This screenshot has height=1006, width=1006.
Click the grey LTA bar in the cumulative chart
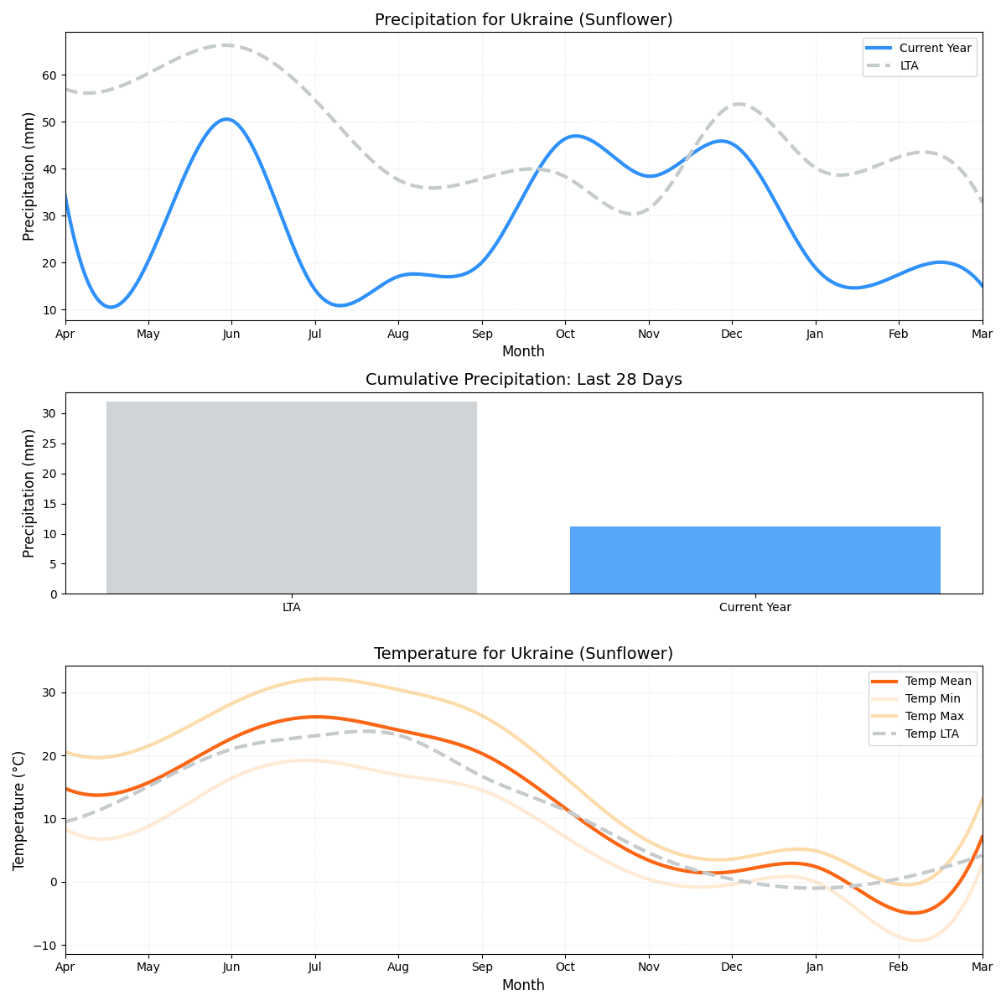pyautogui.click(x=291, y=498)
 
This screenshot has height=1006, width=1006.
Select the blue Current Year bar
pyautogui.click(x=754, y=560)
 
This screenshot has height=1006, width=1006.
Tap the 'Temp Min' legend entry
pyautogui.click(x=932, y=698)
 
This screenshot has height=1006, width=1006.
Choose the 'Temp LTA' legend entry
pyautogui.click(x=933, y=734)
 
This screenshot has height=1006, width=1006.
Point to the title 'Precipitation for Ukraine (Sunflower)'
pyautogui.click(x=523, y=19)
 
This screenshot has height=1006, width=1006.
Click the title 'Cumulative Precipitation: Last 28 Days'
pyautogui.click(x=523, y=380)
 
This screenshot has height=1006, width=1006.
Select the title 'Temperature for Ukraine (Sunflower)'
pyautogui.click(x=523, y=653)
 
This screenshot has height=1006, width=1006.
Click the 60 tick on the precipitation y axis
pyautogui.click(x=49, y=75)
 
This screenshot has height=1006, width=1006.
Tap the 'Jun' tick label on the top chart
pyautogui.click(x=231, y=334)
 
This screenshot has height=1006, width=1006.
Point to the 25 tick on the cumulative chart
pyautogui.click(x=49, y=444)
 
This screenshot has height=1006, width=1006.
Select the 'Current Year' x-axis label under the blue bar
pyautogui.click(x=754, y=608)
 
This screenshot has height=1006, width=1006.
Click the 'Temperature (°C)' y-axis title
pyautogui.click(x=18, y=810)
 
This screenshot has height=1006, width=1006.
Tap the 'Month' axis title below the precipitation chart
pyautogui.click(x=523, y=351)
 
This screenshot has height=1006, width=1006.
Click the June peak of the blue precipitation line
pyautogui.click(x=226, y=119)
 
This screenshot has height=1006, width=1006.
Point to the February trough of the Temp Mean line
pyautogui.click(x=913, y=913)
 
